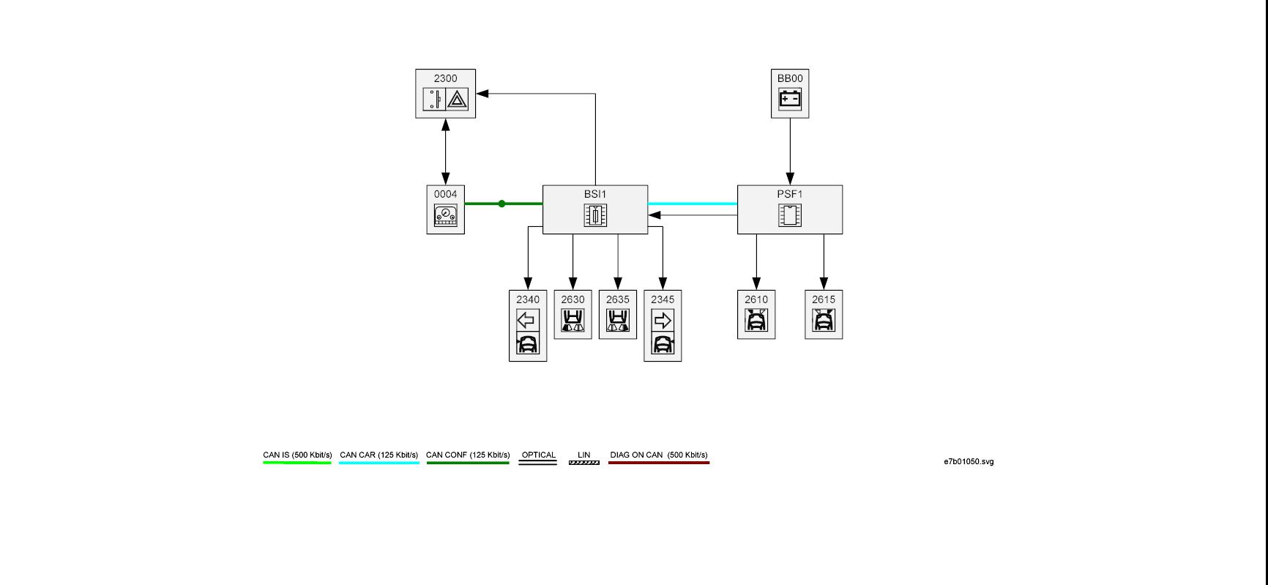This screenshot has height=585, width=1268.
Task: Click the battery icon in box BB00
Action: (790, 98)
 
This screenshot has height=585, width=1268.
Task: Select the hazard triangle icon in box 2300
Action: (458, 99)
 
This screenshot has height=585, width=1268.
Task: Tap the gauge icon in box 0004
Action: (445, 215)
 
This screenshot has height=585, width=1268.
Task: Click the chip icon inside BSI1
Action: (595, 215)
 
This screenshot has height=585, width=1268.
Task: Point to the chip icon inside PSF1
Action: (790, 215)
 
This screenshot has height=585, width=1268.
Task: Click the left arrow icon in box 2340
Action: (527, 320)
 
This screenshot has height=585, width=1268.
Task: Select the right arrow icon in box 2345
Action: (663, 320)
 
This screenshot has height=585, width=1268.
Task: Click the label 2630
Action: (573, 299)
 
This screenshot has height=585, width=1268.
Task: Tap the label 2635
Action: (618, 299)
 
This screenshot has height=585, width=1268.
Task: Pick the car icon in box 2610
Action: (756, 320)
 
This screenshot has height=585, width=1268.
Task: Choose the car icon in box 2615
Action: (824, 320)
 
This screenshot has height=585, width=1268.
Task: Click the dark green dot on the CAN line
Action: (501, 204)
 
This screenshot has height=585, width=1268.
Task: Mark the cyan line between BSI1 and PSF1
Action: (693, 204)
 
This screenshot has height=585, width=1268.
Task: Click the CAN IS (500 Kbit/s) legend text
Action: (297, 455)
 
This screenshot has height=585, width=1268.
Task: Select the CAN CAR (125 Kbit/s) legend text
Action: (378, 455)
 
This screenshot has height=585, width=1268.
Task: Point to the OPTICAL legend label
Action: (538, 455)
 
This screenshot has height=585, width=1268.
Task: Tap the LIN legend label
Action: (583, 455)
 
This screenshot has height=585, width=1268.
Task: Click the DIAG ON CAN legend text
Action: (659, 455)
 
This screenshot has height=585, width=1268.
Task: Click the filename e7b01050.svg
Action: (969, 462)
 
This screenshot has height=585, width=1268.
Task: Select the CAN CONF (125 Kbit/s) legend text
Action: (468, 455)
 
